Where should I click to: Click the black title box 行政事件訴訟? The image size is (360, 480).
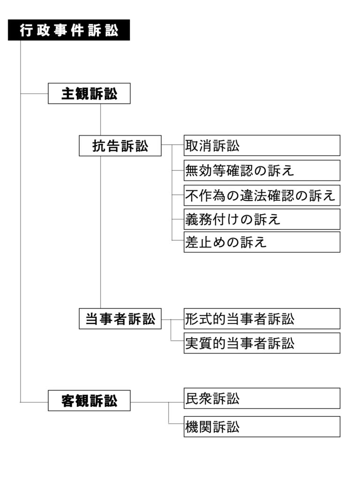click(68, 30)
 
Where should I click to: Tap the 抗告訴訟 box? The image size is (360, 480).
click(120, 146)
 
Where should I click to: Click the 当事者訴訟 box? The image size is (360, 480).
click(120, 320)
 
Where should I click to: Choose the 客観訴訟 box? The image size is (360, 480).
click(89, 401)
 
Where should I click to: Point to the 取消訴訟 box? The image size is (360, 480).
click(262, 146)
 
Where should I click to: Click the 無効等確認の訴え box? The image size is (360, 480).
click(262, 170)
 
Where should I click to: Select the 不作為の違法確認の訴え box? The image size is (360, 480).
click(262, 195)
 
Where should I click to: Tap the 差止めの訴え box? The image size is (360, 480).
click(262, 242)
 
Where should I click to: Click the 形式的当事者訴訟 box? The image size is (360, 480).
click(262, 319)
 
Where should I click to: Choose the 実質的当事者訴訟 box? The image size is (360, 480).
click(262, 343)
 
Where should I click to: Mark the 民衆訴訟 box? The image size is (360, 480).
click(262, 398)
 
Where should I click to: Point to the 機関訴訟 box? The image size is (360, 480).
click(262, 427)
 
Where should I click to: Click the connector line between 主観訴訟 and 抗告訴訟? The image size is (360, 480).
click(101, 120)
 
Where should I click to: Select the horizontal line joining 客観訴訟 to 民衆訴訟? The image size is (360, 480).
click(157, 402)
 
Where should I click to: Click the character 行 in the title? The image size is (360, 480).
click(26, 30)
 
